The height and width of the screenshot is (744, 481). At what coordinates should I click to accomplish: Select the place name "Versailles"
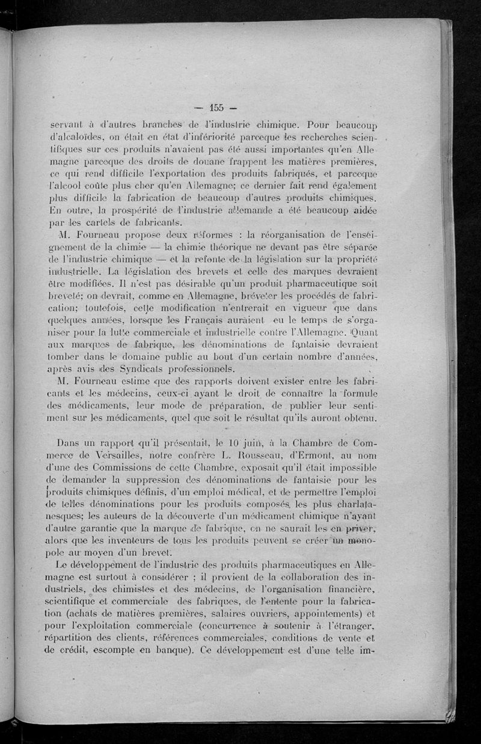point(120,456)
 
